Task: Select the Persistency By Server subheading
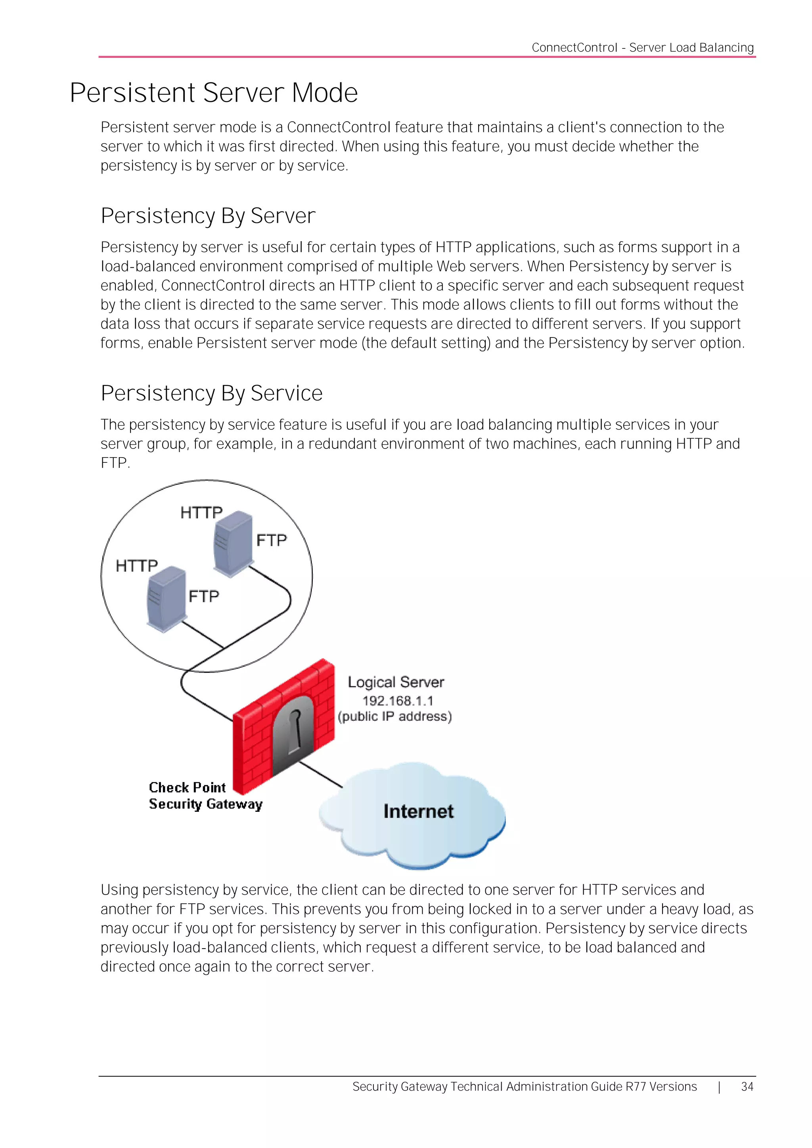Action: pyautogui.click(x=208, y=216)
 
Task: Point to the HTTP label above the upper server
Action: pyautogui.click(x=201, y=512)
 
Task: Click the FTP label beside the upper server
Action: pyautogui.click(x=272, y=540)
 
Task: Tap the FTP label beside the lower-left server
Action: pyautogui.click(x=203, y=596)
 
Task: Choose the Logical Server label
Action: pyautogui.click(x=396, y=682)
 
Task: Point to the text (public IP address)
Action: pyautogui.click(x=395, y=717)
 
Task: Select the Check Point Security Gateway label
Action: pyautogui.click(x=205, y=795)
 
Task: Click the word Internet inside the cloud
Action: pyautogui.click(x=418, y=811)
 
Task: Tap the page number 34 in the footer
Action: pyautogui.click(x=747, y=1087)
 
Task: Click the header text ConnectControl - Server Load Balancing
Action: pyautogui.click(x=642, y=48)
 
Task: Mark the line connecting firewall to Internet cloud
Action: pyautogui.click(x=320, y=774)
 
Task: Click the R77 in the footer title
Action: pyautogui.click(x=636, y=1087)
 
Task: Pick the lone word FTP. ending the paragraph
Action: pyautogui.click(x=115, y=463)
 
